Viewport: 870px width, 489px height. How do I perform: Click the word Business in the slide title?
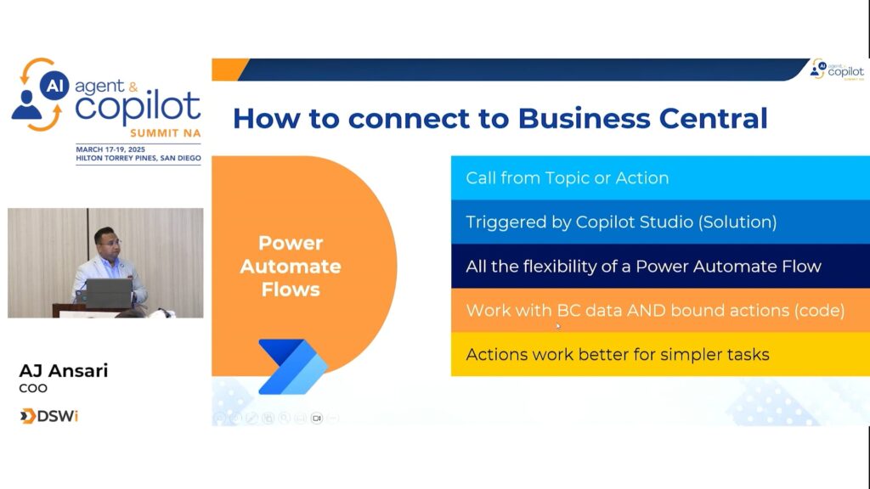[584, 119]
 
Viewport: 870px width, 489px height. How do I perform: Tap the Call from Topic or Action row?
[660, 177]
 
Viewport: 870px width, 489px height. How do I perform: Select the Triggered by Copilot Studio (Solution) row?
[660, 222]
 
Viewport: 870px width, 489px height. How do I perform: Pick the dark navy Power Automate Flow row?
[660, 266]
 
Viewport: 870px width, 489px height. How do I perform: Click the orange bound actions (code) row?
[660, 310]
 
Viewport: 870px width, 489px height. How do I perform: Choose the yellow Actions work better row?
[660, 354]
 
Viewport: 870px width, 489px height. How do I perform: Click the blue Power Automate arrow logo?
[293, 367]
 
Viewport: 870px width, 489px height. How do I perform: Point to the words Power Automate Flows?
[291, 266]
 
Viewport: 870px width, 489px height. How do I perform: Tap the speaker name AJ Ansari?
[63, 370]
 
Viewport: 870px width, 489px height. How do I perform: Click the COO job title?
[33, 388]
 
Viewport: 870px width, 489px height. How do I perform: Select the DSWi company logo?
[48, 416]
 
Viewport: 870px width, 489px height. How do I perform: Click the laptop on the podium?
[109, 293]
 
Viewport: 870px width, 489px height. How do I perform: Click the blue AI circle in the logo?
[54, 86]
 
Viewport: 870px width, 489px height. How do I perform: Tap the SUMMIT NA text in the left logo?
[166, 133]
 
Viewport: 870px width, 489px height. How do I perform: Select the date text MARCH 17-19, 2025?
[110, 149]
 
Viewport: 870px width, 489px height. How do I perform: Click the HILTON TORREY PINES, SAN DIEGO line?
[138, 158]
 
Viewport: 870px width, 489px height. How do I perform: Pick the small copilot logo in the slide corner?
[837, 70]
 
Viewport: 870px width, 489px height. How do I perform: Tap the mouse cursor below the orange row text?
[558, 327]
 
